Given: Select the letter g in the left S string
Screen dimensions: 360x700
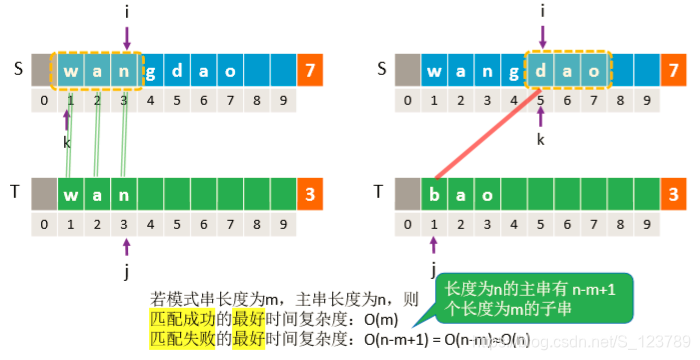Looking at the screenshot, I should pos(149,72).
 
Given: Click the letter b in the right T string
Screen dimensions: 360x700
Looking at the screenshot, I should pos(435,193).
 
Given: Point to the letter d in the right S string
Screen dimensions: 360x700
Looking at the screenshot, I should pos(541,72).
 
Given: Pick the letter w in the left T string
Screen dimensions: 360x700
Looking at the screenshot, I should pos(71,193).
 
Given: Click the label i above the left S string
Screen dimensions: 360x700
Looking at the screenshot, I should pos(126,13).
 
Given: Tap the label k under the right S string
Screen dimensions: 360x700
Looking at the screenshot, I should pos(541,139).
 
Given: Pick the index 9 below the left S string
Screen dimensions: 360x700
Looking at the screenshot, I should pos(283,100).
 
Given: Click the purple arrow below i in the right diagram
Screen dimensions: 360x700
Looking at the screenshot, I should pos(541,37).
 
